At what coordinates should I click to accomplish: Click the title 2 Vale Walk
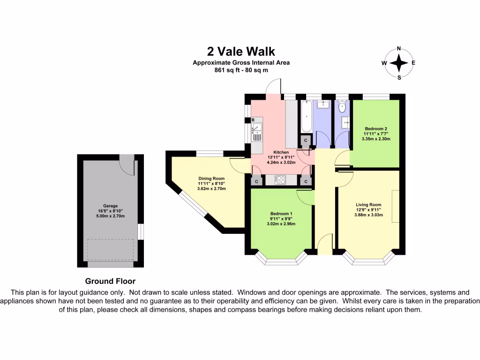241,52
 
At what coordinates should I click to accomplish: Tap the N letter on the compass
399,48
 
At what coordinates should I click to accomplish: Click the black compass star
399,63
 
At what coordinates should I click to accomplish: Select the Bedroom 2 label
376,128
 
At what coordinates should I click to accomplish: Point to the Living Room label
368,204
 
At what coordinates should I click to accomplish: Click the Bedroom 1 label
281,214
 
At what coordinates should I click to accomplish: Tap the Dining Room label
211,179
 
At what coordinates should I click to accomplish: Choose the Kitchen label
281,152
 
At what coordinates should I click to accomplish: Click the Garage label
110,206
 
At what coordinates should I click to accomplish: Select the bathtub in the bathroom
306,116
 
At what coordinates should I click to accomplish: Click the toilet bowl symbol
342,106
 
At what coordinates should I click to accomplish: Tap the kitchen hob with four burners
280,180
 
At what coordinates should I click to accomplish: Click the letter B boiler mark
253,120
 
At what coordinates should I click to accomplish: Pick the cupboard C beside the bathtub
306,140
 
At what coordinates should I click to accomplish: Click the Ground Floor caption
110,281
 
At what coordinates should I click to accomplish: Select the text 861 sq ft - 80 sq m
241,70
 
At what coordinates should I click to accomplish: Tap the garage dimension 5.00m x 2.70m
111,216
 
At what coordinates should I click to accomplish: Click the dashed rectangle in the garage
111,249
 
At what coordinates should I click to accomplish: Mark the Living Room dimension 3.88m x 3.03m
368,215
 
